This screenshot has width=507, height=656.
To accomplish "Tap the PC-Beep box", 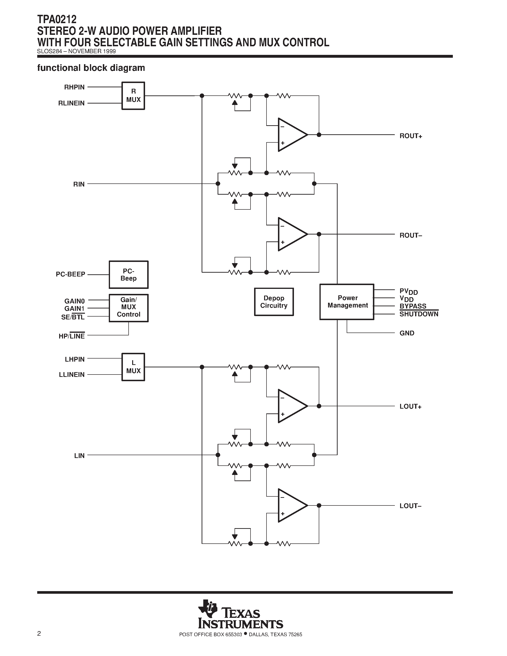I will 129,275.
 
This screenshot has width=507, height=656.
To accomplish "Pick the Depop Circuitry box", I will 274,302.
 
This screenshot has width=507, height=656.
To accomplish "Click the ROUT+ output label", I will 411,136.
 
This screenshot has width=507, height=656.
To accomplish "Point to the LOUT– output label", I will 410,506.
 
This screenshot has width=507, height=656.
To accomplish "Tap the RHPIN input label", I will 74,87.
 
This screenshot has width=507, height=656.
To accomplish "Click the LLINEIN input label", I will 72,375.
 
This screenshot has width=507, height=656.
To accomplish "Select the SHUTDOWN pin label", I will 419,314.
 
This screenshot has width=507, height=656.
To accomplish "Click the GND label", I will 407,333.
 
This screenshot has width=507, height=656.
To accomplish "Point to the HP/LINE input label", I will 72,336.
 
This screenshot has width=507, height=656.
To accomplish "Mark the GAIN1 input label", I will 74,308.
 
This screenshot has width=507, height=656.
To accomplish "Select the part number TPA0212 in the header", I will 57,20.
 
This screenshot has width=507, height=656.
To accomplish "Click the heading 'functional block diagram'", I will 91,68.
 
